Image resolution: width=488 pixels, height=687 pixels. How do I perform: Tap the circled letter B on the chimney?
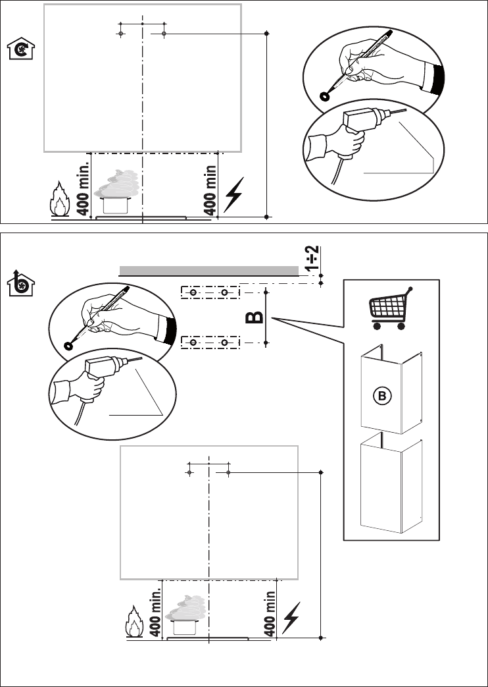point(382,396)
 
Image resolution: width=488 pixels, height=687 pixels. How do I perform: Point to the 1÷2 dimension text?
point(313,258)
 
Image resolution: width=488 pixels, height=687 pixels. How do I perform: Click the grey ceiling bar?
point(208,271)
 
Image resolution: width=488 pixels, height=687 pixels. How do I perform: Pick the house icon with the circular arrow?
point(21,48)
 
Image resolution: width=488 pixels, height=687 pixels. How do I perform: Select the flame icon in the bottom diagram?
point(134,621)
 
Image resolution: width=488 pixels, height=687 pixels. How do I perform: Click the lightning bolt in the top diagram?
point(233,194)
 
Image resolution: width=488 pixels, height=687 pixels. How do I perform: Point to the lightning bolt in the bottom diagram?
point(291,618)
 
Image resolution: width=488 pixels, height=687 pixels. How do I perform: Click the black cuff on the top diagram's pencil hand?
point(437,79)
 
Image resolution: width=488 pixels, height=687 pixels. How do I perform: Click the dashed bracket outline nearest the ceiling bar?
point(210,292)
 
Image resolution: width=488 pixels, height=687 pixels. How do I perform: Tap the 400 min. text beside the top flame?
point(83,188)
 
